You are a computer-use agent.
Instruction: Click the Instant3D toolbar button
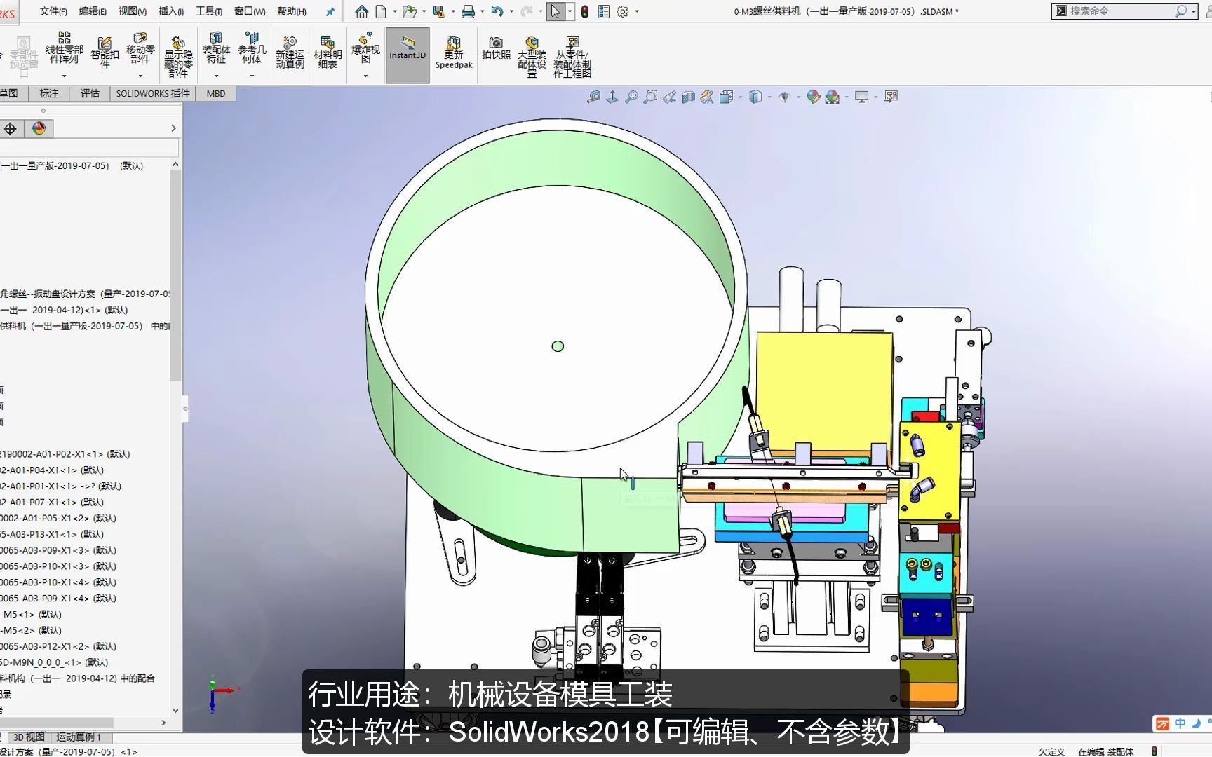click(408, 55)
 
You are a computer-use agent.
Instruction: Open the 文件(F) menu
click(53, 11)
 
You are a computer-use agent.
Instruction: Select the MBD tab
click(216, 93)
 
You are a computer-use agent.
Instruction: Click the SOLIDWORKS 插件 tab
click(153, 93)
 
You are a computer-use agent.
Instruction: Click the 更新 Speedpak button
click(454, 54)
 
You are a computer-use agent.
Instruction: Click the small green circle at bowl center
click(558, 346)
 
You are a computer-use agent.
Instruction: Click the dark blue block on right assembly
click(927, 617)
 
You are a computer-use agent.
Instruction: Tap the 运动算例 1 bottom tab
click(79, 737)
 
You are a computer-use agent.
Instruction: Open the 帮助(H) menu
click(292, 11)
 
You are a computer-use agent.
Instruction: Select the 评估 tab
click(90, 93)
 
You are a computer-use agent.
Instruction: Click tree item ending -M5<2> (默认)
click(32, 630)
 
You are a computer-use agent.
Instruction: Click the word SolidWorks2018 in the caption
click(548, 732)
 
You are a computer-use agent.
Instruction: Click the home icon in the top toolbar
click(362, 11)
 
